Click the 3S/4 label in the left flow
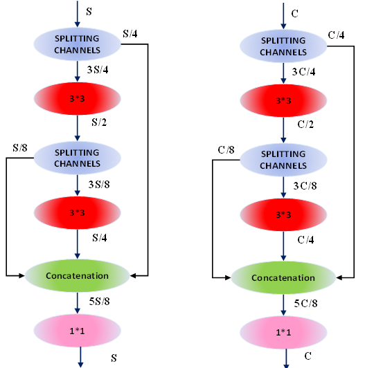click(x=98, y=70)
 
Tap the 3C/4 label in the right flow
click(x=303, y=72)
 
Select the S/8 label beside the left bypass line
click(x=20, y=148)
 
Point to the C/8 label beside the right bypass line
click(x=226, y=149)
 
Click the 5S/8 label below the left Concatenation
click(x=99, y=302)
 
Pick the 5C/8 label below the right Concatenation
click(x=305, y=304)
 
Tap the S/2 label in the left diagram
click(x=99, y=122)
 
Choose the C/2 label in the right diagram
click(x=305, y=125)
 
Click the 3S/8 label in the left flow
click(x=99, y=185)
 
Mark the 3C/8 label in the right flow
click(x=305, y=186)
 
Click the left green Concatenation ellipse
click(x=78, y=276)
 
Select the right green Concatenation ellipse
click(x=283, y=277)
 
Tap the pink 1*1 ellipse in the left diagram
click(x=78, y=331)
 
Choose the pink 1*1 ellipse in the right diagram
click(x=283, y=333)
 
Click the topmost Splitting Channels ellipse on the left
click(x=78, y=44)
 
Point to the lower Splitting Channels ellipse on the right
click(x=283, y=160)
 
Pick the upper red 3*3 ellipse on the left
click(x=78, y=98)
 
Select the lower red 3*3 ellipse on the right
click(x=283, y=214)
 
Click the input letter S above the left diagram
click(x=89, y=12)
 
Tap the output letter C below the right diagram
click(x=308, y=356)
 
